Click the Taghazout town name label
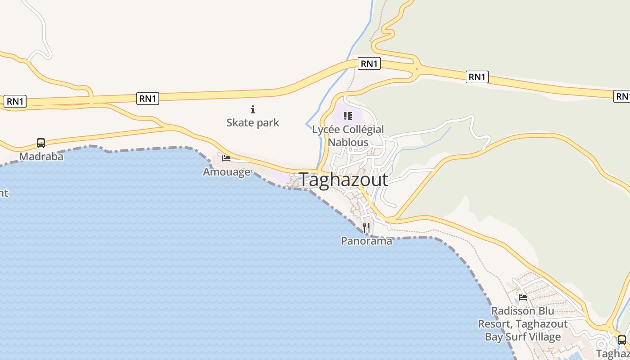(x=343, y=180)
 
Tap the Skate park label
(x=252, y=122)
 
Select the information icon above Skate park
(x=253, y=109)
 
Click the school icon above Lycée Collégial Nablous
(x=347, y=116)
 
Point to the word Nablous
(x=348, y=142)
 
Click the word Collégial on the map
(x=364, y=130)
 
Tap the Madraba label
(x=41, y=157)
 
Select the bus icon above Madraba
(x=41, y=143)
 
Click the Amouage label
(x=226, y=172)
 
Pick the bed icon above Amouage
(x=226, y=158)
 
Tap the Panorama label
(x=366, y=241)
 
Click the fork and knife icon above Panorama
(x=366, y=227)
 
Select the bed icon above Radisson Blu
(x=522, y=297)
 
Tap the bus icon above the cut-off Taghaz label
(x=621, y=340)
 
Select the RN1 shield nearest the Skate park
(x=148, y=99)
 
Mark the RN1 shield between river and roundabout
(x=369, y=64)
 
